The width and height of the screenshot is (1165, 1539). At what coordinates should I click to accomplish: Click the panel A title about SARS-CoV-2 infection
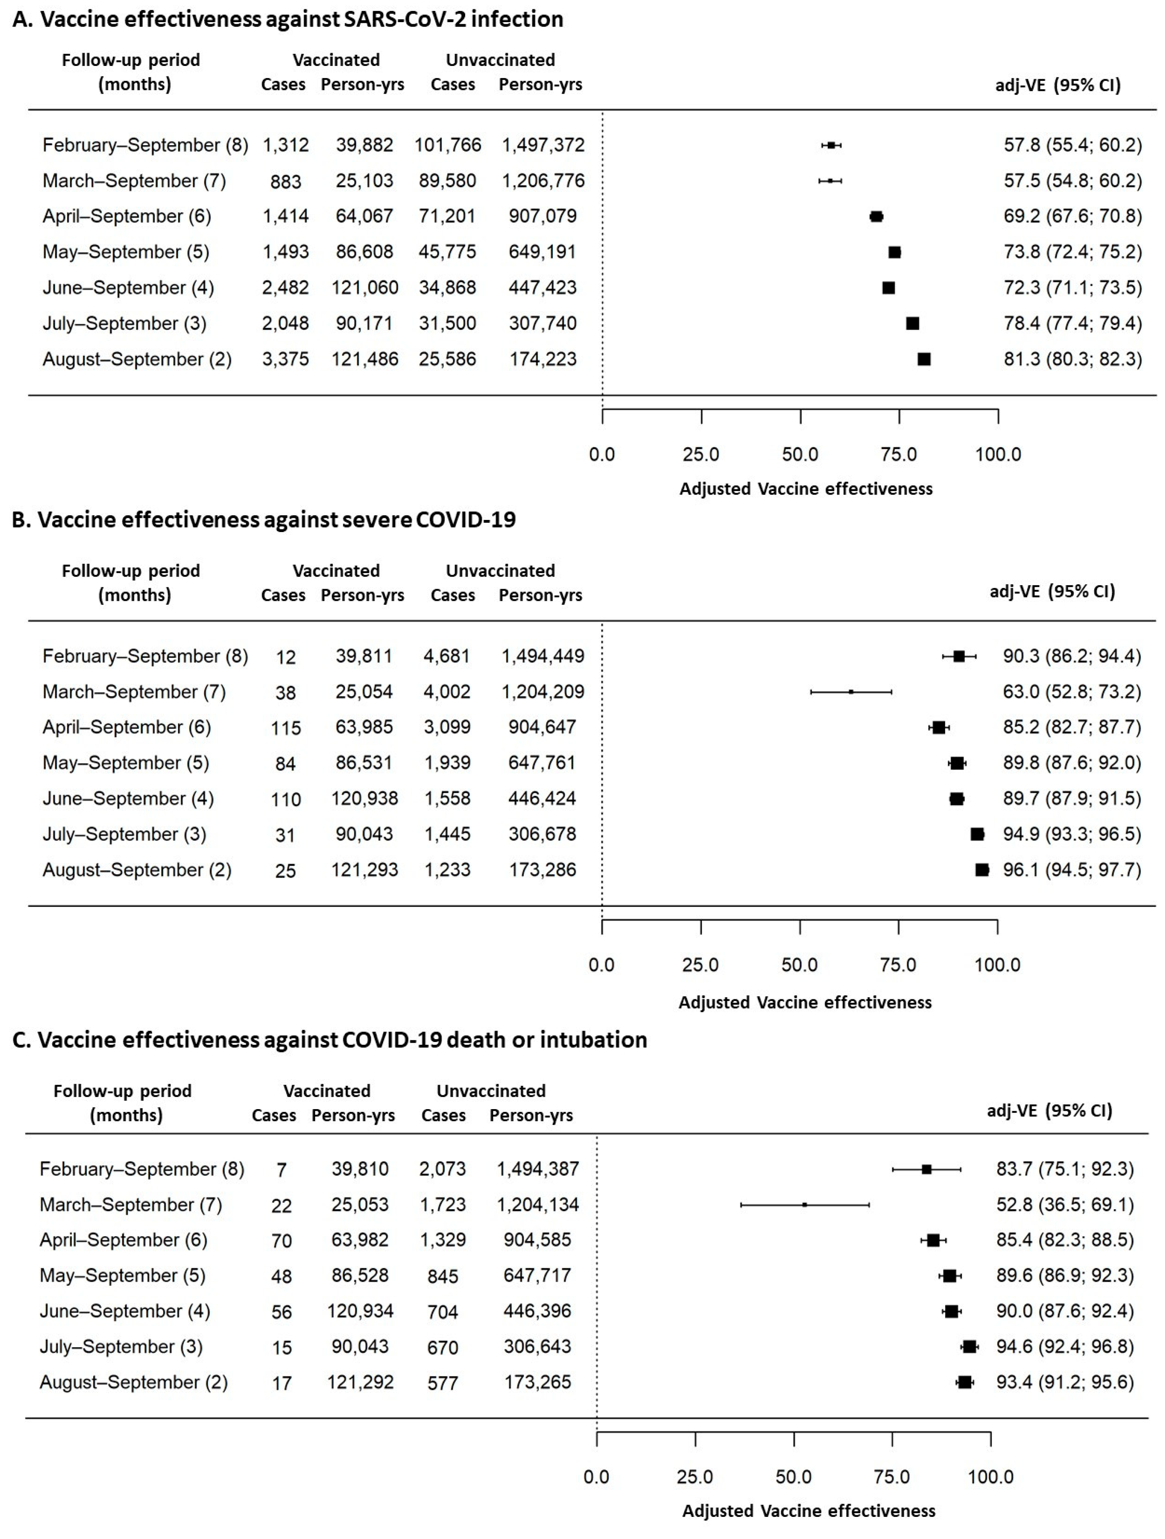[x=288, y=19]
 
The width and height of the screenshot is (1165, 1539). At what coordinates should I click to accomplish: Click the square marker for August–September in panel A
[x=924, y=359]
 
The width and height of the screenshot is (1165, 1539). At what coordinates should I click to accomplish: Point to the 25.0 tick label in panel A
[x=700, y=454]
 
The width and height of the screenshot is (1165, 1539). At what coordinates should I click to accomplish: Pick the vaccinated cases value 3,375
[x=285, y=359]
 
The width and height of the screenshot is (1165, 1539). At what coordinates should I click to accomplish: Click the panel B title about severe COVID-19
[x=264, y=520]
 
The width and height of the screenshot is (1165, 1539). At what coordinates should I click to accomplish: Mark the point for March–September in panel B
[x=851, y=692]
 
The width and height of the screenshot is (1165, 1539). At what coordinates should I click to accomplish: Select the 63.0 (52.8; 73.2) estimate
[x=1071, y=692]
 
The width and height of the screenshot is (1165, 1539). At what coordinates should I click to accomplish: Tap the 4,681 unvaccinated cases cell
[x=447, y=656]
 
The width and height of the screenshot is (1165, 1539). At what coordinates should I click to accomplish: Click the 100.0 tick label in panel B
[x=997, y=965]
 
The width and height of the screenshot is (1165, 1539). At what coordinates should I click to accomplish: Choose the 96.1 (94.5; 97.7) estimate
[x=1071, y=870]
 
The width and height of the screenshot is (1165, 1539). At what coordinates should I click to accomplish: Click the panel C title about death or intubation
[x=330, y=1040]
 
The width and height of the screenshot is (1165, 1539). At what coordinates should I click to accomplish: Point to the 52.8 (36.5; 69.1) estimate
[x=1064, y=1204]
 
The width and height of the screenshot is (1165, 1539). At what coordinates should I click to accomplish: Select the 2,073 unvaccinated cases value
[x=442, y=1169]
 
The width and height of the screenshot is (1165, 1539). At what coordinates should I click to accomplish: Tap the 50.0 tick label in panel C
[x=794, y=1476]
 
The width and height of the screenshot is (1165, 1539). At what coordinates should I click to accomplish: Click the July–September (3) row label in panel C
[x=121, y=1346]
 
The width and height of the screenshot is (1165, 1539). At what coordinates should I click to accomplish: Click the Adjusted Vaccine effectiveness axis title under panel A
[x=806, y=489]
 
